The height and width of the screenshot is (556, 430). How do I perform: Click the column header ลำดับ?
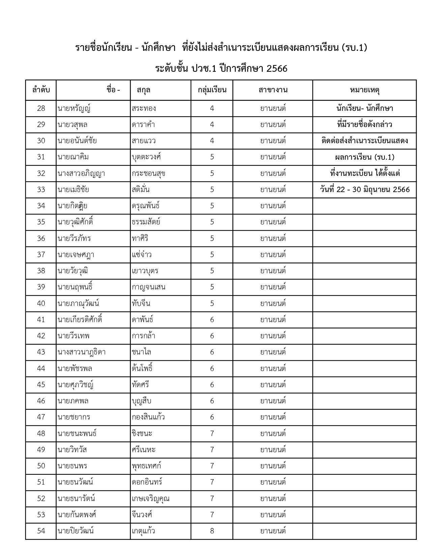tap(41, 90)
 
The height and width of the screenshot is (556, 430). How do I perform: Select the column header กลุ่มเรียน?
tap(212, 90)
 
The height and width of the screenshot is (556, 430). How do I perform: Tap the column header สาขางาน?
tap(273, 90)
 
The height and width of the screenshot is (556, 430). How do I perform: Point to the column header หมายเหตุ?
tap(365, 90)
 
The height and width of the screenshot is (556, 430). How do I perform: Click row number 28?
tap(41, 109)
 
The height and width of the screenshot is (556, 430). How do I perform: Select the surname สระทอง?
tap(144, 109)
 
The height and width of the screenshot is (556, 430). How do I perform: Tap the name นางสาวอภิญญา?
tap(81, 174)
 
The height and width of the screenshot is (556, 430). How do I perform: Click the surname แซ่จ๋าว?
tap(142, 255)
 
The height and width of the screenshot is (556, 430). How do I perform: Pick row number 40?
tap(41, 304)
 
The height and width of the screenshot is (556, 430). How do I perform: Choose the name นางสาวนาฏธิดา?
tap(82, 352)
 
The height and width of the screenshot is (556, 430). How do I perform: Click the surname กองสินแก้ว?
tap(148, 417)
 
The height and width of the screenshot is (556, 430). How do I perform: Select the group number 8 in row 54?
tap(212, 531)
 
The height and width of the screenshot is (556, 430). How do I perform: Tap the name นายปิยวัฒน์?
tap(76, 531)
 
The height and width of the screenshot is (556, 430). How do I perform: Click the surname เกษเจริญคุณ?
tap(151, 498)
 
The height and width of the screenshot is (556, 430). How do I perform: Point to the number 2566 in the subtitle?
tap(277, 69)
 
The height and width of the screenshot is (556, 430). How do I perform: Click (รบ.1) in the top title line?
tap(354, 48)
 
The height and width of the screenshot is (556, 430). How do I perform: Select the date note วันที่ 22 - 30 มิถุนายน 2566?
tap(365, 190)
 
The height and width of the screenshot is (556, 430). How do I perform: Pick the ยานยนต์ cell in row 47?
tap(273, 417)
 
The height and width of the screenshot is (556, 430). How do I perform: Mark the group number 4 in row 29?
tap(212, 125)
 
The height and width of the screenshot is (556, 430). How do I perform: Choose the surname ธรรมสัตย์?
tap(146, 222)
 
